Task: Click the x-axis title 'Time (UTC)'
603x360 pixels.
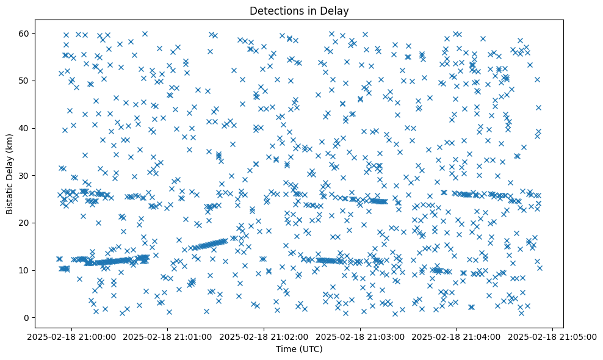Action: coord(299,349)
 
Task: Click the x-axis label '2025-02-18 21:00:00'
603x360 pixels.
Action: coord(72,336)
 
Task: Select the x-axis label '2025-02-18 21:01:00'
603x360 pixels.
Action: coord(168,336)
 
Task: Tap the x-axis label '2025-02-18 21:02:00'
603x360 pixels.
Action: coord(264,336)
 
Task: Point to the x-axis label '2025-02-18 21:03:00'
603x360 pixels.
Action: coord(361,336)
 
